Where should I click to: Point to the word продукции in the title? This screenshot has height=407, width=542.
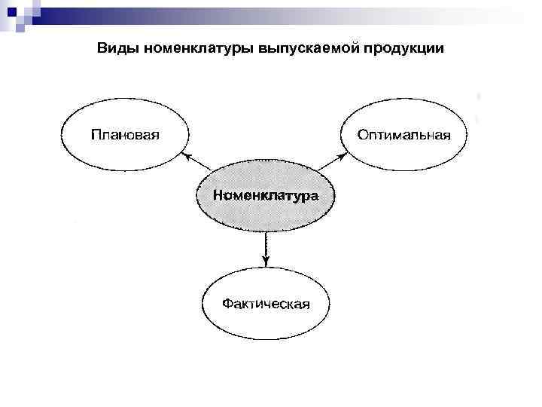pyautogui.click(x=402, y=49)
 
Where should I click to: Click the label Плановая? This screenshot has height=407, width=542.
pyautogui.click(x=126, y=136)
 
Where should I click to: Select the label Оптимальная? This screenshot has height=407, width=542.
pyautogui.click(x=404, y=136)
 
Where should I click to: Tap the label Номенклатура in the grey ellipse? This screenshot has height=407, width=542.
pyautogui.click(x=265, y=195)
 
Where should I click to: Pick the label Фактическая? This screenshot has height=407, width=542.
pyautogui.click(x=266, y=304)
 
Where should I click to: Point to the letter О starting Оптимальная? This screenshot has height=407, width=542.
pyautogui.click(x=363, y=136)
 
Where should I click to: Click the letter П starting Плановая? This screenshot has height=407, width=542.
pyautogui.click(x=96, y=136)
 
